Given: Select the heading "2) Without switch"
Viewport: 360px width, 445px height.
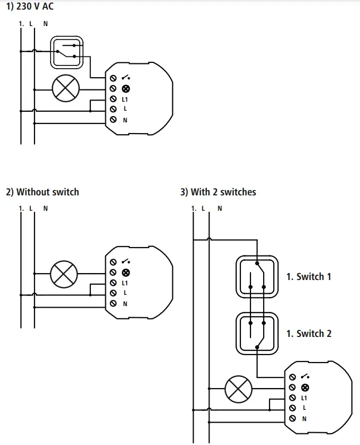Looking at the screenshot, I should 43,192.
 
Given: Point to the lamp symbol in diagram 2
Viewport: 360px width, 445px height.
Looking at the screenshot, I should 64,274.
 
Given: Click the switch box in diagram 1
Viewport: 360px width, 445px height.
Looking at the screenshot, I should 67,52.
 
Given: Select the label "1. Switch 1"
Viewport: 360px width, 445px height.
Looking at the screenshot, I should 308,277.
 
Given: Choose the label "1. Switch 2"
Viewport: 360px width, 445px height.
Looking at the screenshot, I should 308,334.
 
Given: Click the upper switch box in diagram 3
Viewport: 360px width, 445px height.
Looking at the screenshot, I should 257,276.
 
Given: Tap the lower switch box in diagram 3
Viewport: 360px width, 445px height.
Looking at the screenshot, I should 257,333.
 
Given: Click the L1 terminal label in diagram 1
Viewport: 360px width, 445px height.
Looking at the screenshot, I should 125,100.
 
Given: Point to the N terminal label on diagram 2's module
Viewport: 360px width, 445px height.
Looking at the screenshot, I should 125,303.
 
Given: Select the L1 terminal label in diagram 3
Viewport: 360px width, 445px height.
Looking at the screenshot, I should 304,398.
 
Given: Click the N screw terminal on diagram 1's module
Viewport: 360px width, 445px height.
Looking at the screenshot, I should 113,120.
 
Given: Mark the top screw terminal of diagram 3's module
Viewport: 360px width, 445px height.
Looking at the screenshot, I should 292,377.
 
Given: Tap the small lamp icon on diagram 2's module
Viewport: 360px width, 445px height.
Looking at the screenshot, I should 126,273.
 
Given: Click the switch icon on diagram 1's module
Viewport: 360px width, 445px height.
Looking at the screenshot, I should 126,78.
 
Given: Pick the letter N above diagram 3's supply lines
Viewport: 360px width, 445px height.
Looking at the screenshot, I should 220,209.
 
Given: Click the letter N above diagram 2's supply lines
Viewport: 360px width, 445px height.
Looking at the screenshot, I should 46,208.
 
